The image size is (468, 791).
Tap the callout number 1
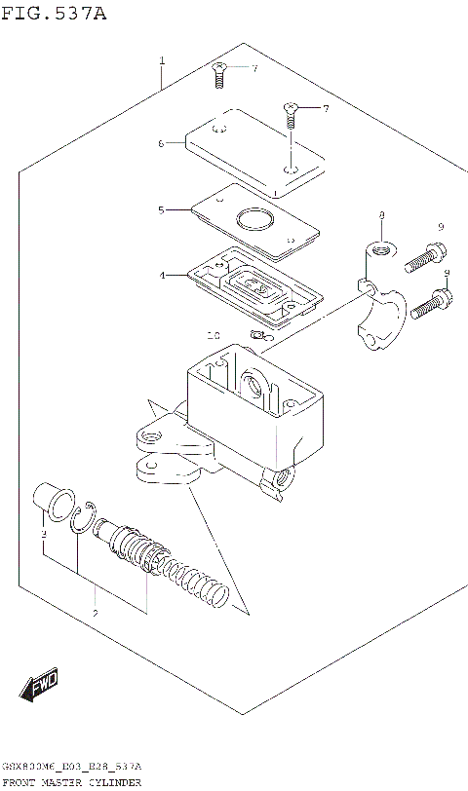click(162, 61)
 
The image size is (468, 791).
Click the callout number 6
click(161, 143)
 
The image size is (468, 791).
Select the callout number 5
click(161, 209)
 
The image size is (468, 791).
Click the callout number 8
click(382, 214)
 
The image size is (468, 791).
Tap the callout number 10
click(214, 335)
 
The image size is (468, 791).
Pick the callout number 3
click(43, 535)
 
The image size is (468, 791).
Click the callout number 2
click(95, 613)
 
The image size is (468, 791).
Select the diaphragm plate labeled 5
click(255, 222)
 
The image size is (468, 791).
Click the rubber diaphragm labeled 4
click(255, 286)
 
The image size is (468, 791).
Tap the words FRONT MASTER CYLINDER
click(72, 782)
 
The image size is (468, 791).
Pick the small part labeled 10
click(257, 336)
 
